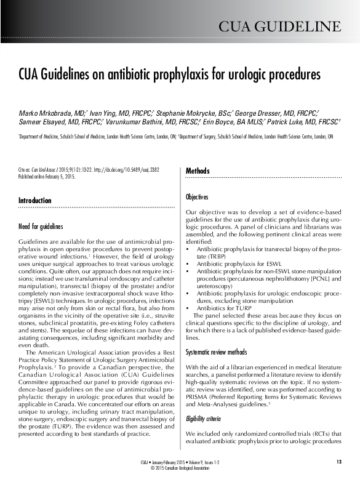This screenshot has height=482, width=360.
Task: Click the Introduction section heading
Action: coord(35,201)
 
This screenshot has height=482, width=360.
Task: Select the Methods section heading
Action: coord(198,171)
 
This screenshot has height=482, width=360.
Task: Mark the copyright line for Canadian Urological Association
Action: coord(180,468)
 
